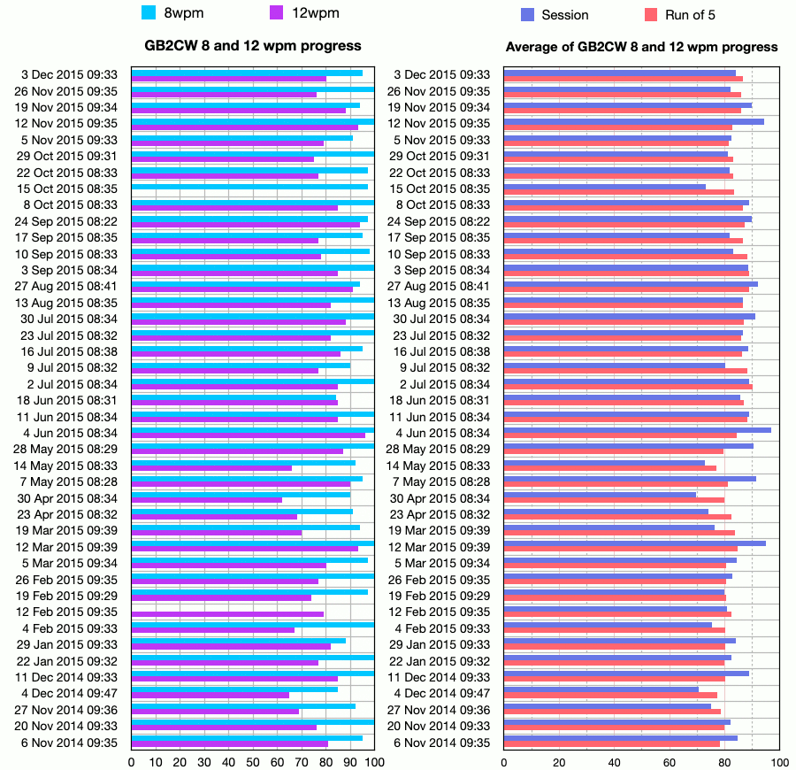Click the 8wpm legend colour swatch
tap(149, 12)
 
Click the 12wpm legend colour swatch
tap(277, 12)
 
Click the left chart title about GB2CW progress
tap(253, 45)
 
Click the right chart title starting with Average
tap(641, 46)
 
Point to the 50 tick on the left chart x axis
tap(253, 762)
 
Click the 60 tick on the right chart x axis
tap(670, 762)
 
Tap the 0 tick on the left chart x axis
tap(132, 762)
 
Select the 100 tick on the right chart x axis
tap(779, 762)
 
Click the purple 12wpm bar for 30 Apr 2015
tap(207, 500)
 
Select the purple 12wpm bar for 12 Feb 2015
tap(227, 614)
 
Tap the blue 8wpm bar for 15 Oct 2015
tap(249, 186)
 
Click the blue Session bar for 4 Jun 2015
tap(637, 430)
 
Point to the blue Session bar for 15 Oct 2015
tap(605, 186)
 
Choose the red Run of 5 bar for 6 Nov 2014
tap(612, 743)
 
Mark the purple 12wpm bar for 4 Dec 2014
tap(210, 695)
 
